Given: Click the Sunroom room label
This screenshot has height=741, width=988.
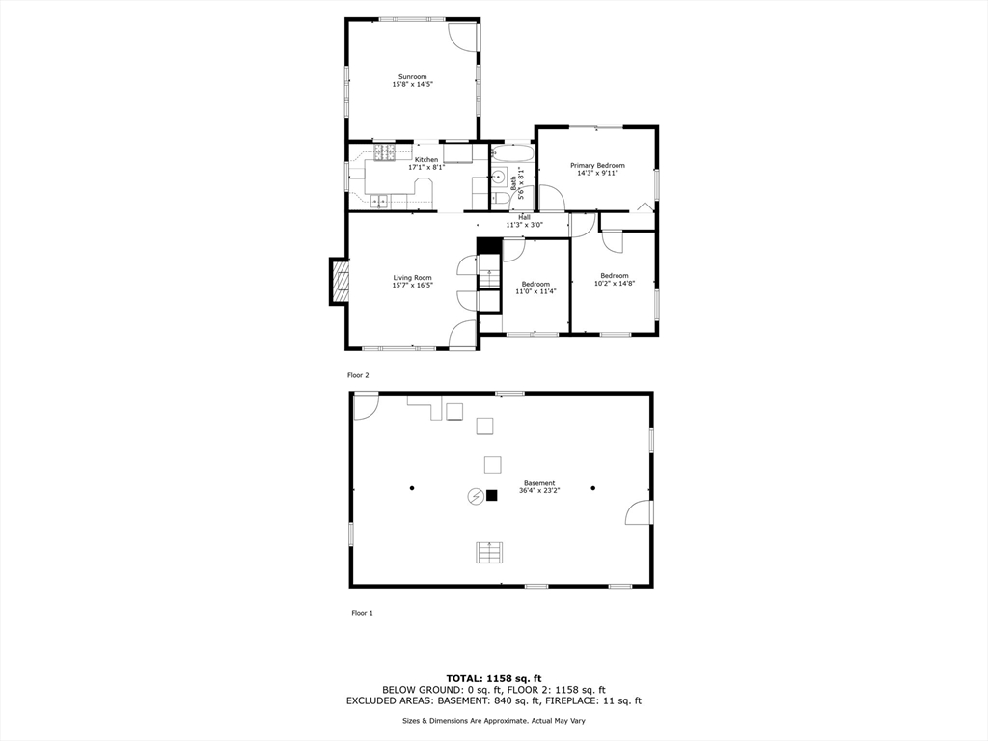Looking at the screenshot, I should pyautogui.click(x=413, y=77).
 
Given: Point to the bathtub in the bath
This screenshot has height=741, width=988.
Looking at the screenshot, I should pyautogui.click(x=511, y=154).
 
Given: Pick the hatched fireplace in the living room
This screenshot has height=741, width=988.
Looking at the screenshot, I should pyautogui.click(x=340, y=282).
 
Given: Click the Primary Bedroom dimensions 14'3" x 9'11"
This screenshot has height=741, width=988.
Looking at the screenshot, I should pyautogui.click(x=597, y=174).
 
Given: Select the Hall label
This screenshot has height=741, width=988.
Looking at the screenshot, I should pyautogui.click(x=524, y=217).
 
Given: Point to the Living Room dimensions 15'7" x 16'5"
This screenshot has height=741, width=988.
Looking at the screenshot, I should pyautogui.click(x=412, y=286).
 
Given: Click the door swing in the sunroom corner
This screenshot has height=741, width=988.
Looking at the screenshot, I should pyautogui.click(x=463, y=36).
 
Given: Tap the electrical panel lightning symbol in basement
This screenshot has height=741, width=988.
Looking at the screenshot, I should pyautogui.click(x=475, y=496).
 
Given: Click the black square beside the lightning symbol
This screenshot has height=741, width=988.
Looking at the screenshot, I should pyautogui.click(x=491, y=496).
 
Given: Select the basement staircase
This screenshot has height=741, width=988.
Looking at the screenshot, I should pyautogui.click(x=489, y=552).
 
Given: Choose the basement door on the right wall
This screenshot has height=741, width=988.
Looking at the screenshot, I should pyautogui.click(x=639, y=512).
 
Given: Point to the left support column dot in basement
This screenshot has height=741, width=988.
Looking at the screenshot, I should pyautogui.click(x=411, y=488).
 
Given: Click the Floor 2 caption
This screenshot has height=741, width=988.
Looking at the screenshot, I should pyautogui.click(x=358, y=375).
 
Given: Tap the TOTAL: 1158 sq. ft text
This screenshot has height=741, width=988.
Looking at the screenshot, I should pyautogui.click(x=493, y=677).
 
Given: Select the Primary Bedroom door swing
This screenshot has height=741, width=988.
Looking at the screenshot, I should pyautogui.click(x=551, y=198).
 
